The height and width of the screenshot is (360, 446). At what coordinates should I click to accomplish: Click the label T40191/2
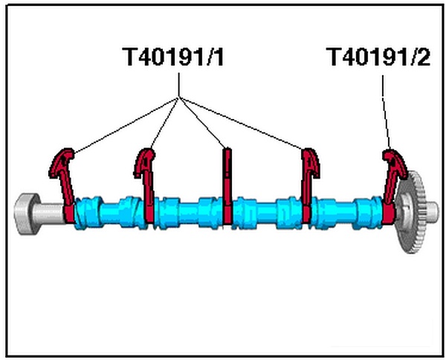378,57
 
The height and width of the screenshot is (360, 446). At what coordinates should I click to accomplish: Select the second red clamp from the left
146,186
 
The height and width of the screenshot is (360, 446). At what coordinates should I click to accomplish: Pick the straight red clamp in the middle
228,186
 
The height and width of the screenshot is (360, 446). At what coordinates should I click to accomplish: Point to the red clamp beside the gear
391,186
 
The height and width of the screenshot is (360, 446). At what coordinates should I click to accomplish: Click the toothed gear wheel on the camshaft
413,212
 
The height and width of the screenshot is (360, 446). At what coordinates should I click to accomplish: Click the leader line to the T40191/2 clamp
385,112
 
